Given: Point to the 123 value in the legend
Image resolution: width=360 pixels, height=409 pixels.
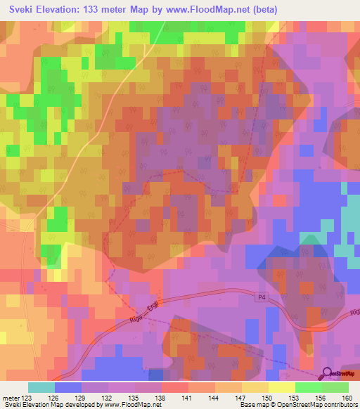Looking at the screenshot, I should click(x=28, y=397).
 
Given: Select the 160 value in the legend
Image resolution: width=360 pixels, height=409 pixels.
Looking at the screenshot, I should click(x=347, y=397).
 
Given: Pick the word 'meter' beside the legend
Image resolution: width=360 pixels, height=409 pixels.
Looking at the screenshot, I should click(x=11, y=397).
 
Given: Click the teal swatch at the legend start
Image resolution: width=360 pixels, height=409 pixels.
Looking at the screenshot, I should click(x=41, y=387).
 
